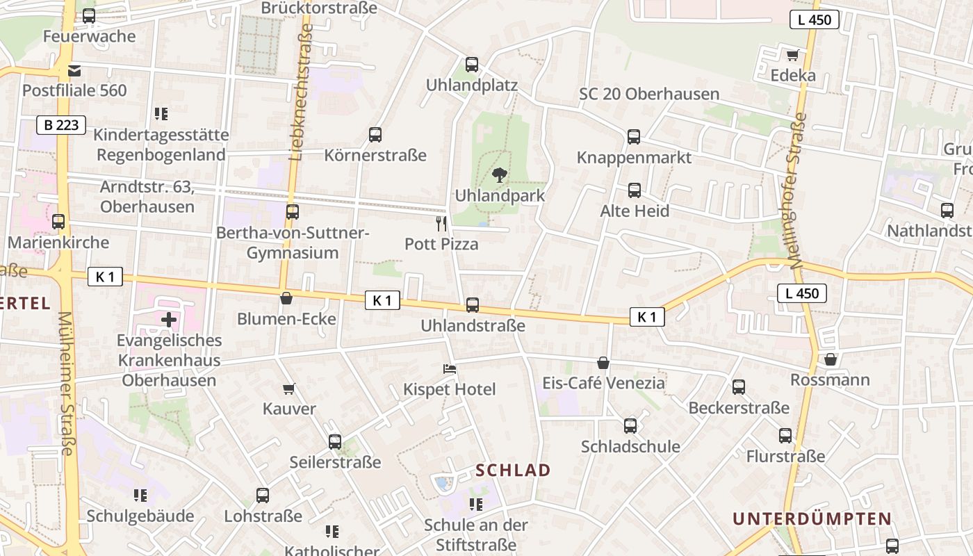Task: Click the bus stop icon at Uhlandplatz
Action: click(x=472, y=65)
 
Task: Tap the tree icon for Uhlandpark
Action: click(x=499, y=174)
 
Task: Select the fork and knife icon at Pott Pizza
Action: click(x=441, y=223)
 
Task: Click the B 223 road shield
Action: click(x=61, y=125)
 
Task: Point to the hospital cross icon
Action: click(x=168, y=320)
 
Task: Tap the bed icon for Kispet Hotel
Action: click(x=450, y=369)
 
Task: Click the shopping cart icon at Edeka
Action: click(x=792, y=55)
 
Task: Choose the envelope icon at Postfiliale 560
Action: click(x=74, y=70)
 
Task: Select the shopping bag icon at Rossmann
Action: click(x=830, y=359)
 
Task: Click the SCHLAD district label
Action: click(x=513, y=471)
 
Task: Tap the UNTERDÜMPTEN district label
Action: click(x=812, y=518)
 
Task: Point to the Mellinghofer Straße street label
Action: click(x=798, y=191)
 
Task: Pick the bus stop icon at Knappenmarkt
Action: click(x=634, y=136)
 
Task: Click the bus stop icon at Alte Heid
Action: click(x=634, y=190)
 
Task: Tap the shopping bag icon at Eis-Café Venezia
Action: click(x=603, y=363)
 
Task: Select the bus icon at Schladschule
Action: click(x=630, y=425)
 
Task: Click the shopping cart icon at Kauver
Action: click(x=289, y=389)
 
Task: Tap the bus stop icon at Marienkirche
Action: click(x=58, y=222)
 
